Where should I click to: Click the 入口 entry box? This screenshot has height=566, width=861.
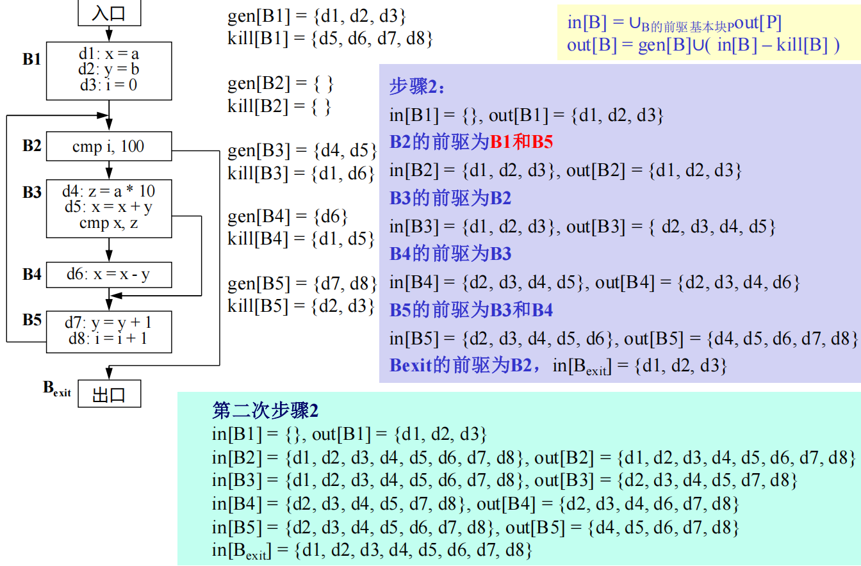coord(109,13)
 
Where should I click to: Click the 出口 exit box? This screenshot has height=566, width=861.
coord(109,394)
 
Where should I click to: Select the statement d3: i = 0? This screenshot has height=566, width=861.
coord(109,85)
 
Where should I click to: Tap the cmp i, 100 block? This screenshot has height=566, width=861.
coord(109,147)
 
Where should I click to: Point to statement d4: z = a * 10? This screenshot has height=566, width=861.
coord(109,191)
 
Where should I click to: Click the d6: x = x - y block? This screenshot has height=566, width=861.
coord(109,275)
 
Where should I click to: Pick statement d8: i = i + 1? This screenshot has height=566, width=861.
coord(109,339)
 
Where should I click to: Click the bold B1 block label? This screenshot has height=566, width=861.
coord(31,60)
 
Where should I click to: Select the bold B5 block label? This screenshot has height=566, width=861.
coord(31,319)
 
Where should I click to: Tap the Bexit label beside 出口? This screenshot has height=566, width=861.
coord(56,388)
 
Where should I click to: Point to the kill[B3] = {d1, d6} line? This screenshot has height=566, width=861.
coord(301,173)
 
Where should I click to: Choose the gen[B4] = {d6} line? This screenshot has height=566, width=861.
coord(288,216)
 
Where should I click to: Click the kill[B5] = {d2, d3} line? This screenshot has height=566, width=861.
coord(301,306)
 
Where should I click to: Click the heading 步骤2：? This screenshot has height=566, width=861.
coord(416,88)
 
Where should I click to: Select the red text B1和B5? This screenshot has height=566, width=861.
coord(521,143)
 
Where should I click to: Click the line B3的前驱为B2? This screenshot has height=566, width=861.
coord(450,198)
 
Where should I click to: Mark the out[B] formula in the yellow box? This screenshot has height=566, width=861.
coord(703,46)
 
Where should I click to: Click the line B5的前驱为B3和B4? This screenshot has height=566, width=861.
coord(471,311)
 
